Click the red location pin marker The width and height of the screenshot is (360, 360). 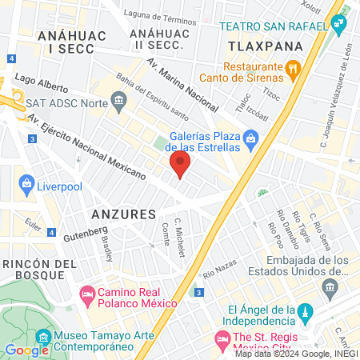point(180,166)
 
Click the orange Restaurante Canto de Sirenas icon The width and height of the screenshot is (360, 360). point(294,70)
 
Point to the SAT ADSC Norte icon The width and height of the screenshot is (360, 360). point(119,100)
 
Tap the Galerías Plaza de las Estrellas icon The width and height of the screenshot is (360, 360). point(251,140)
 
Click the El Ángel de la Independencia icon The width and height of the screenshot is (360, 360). point(304,310)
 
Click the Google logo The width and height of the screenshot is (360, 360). point(26,350)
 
